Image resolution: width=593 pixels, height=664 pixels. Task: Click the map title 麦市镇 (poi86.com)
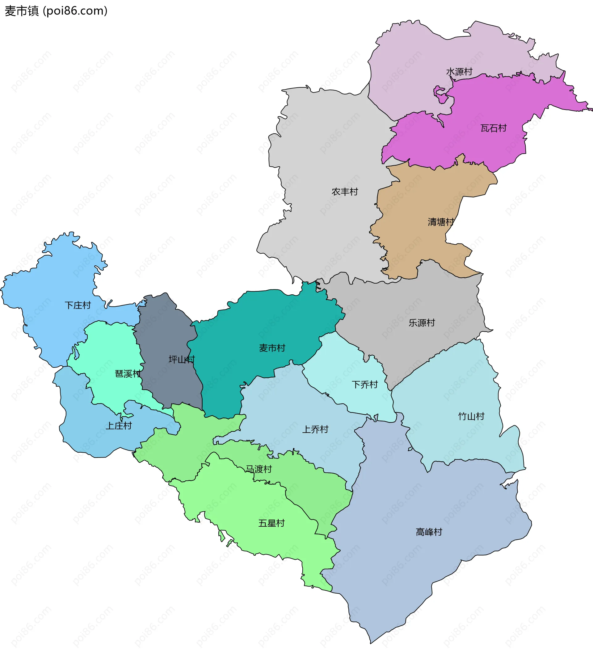pos(56,11)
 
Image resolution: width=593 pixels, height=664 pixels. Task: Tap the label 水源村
pos(459,72)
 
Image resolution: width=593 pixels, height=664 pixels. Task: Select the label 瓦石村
pos(494,128)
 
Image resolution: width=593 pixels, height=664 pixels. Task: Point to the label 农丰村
pos(345,192)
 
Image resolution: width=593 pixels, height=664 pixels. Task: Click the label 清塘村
pos(441,222)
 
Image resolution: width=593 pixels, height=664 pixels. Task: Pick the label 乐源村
pos(422,323)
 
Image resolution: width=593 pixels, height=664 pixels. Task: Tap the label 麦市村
pos(272,348)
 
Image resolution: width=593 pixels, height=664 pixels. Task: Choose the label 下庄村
pos(78,305)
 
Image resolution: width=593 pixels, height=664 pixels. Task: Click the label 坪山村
pos(182,359)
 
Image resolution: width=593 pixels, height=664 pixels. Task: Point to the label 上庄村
pos(119,426)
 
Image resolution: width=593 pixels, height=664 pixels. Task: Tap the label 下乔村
pos(364,385)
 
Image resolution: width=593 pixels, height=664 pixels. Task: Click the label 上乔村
pos(315,429)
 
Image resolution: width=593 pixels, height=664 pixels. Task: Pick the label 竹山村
pos(471,416)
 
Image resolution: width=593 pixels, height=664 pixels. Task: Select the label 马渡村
pos(259,469)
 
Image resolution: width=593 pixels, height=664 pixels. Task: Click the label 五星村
pos(271,523)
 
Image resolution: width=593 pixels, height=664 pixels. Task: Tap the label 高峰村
pos(429,532)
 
